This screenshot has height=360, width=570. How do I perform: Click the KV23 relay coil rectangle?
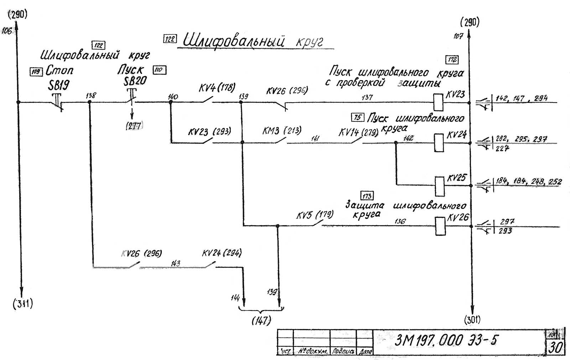click(438, 102)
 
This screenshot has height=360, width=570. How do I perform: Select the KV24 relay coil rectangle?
click(439, 143)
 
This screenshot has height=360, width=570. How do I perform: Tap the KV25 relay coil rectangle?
click(440, 186)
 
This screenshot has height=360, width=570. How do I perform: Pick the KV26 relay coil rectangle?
click(440, 226)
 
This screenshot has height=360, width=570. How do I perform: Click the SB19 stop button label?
click(59, 85)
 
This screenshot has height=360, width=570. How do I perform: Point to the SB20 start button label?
click(135, 81)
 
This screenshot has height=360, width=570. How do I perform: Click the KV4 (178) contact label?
click(217, 88)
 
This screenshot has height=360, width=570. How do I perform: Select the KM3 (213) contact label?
click(281, 131)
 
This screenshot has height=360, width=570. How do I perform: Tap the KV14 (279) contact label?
click(358, 132)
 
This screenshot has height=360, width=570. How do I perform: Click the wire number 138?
click(91, 95)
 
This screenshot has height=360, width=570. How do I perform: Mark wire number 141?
click(315, 139)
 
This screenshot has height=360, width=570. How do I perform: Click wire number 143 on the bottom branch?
click(175, 263)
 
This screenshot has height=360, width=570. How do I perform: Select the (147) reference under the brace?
click(261, 320)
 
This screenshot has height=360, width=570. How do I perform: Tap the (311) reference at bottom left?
click(23, 304)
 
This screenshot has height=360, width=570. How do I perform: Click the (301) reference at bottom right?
click(472, 320)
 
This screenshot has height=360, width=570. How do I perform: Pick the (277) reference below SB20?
click(134, 126)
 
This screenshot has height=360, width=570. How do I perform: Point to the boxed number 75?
click(357, 117)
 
